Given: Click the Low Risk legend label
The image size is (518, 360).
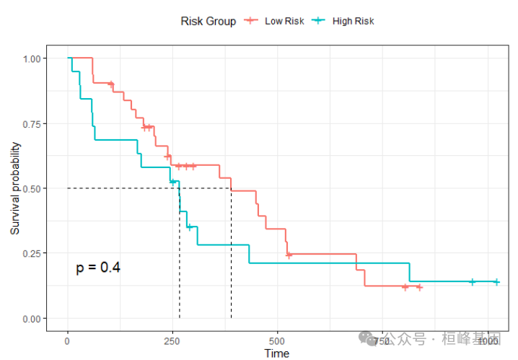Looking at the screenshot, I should (x=284, y=21).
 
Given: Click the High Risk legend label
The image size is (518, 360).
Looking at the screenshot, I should (x=354, y=21).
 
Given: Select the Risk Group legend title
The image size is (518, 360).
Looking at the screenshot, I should (x=208, y=21).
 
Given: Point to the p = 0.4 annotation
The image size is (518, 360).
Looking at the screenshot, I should (x=98, y=268).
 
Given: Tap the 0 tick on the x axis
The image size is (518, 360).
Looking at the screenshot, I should (x=68, y=339).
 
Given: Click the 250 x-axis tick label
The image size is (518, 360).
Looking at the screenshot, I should (x=172, y=339).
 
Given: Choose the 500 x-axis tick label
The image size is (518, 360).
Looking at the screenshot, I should (x=277, y=339).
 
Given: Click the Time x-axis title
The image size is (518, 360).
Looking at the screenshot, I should (x=277, y=353).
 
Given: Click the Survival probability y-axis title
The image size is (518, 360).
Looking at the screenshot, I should (x=15, y=188).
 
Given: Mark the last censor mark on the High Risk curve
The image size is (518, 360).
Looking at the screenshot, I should (x=496, y=281).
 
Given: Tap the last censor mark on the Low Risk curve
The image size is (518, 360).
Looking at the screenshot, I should (x=418, y=287).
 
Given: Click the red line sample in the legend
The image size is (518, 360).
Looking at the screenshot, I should (x=251, y=21).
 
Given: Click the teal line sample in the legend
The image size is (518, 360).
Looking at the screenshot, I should (x=318, y=21).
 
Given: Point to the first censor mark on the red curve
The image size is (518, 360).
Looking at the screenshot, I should (x=111, y=84).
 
